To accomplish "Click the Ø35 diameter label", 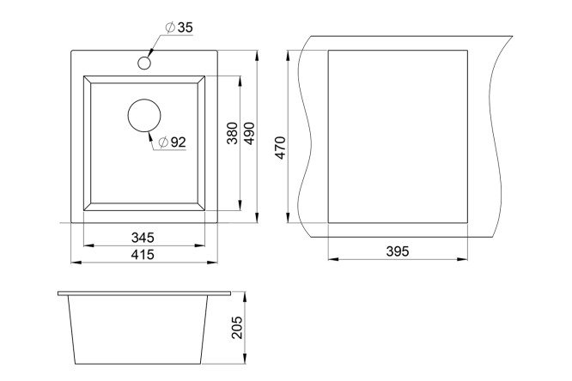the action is (179, 27).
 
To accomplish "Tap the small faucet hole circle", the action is (144, 63).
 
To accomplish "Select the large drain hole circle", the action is (144, 115).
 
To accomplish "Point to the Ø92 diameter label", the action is (173, 142).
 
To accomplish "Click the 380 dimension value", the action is (233, 133).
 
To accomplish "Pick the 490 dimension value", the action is (249, 134).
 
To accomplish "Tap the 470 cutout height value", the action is (281, 148).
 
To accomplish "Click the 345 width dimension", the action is (143, 238).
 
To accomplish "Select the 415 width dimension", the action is (143, 255).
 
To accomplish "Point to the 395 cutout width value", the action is (398, 251).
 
